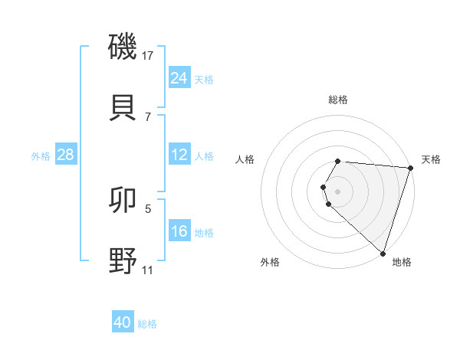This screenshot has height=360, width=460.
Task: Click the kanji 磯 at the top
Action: [123, 47]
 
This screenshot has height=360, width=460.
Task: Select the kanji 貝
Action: [123, 106]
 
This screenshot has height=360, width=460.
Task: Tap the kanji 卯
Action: [123, 201]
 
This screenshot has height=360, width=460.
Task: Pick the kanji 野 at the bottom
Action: [123, 260]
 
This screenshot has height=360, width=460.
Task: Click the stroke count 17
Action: [148, 56]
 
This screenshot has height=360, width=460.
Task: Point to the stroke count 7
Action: [148, 116]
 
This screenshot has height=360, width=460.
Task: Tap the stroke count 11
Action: [148, 270]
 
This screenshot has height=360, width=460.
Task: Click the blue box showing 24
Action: [179, 78]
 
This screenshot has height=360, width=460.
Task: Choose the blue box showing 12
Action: [179, 155]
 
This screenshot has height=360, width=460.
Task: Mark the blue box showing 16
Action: [179, 231]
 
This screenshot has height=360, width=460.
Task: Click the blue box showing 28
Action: [66, 155]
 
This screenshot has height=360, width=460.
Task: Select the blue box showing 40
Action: [123, 322]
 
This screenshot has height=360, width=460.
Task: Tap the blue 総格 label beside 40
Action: [148, 324]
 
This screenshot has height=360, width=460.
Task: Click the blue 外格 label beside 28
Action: [41, 156]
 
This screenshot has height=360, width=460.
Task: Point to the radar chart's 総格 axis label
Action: [338, 100]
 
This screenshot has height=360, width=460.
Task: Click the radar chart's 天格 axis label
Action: [431, 159]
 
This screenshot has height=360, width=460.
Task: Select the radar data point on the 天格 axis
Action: [411, 167]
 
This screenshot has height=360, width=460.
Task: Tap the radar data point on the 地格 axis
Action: [383, 254]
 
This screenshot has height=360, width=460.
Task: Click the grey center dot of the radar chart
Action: [338, 191]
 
